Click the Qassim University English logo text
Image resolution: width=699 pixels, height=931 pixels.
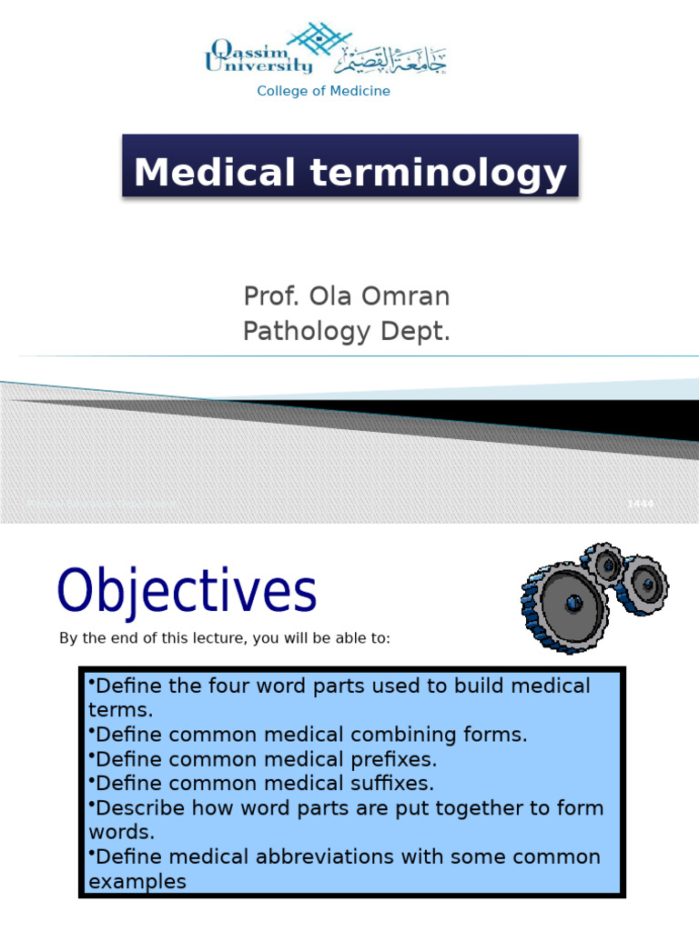point(258,56)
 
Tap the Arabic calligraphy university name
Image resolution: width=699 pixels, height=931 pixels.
point(391,61)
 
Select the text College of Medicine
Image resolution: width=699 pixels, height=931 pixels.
point(323,91)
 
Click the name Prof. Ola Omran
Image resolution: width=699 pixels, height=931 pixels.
point(347,296)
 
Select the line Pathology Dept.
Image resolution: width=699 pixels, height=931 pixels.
point(347,333)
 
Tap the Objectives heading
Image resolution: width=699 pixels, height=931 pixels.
point(187,591)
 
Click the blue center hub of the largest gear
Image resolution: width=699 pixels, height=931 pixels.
point(572,602)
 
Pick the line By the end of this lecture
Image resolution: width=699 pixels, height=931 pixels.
point(225,638)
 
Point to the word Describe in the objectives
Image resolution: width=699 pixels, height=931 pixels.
point(140,808)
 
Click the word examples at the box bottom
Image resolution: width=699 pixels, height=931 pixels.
point(137,881)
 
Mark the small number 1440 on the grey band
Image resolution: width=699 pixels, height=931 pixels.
point(640,504)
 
